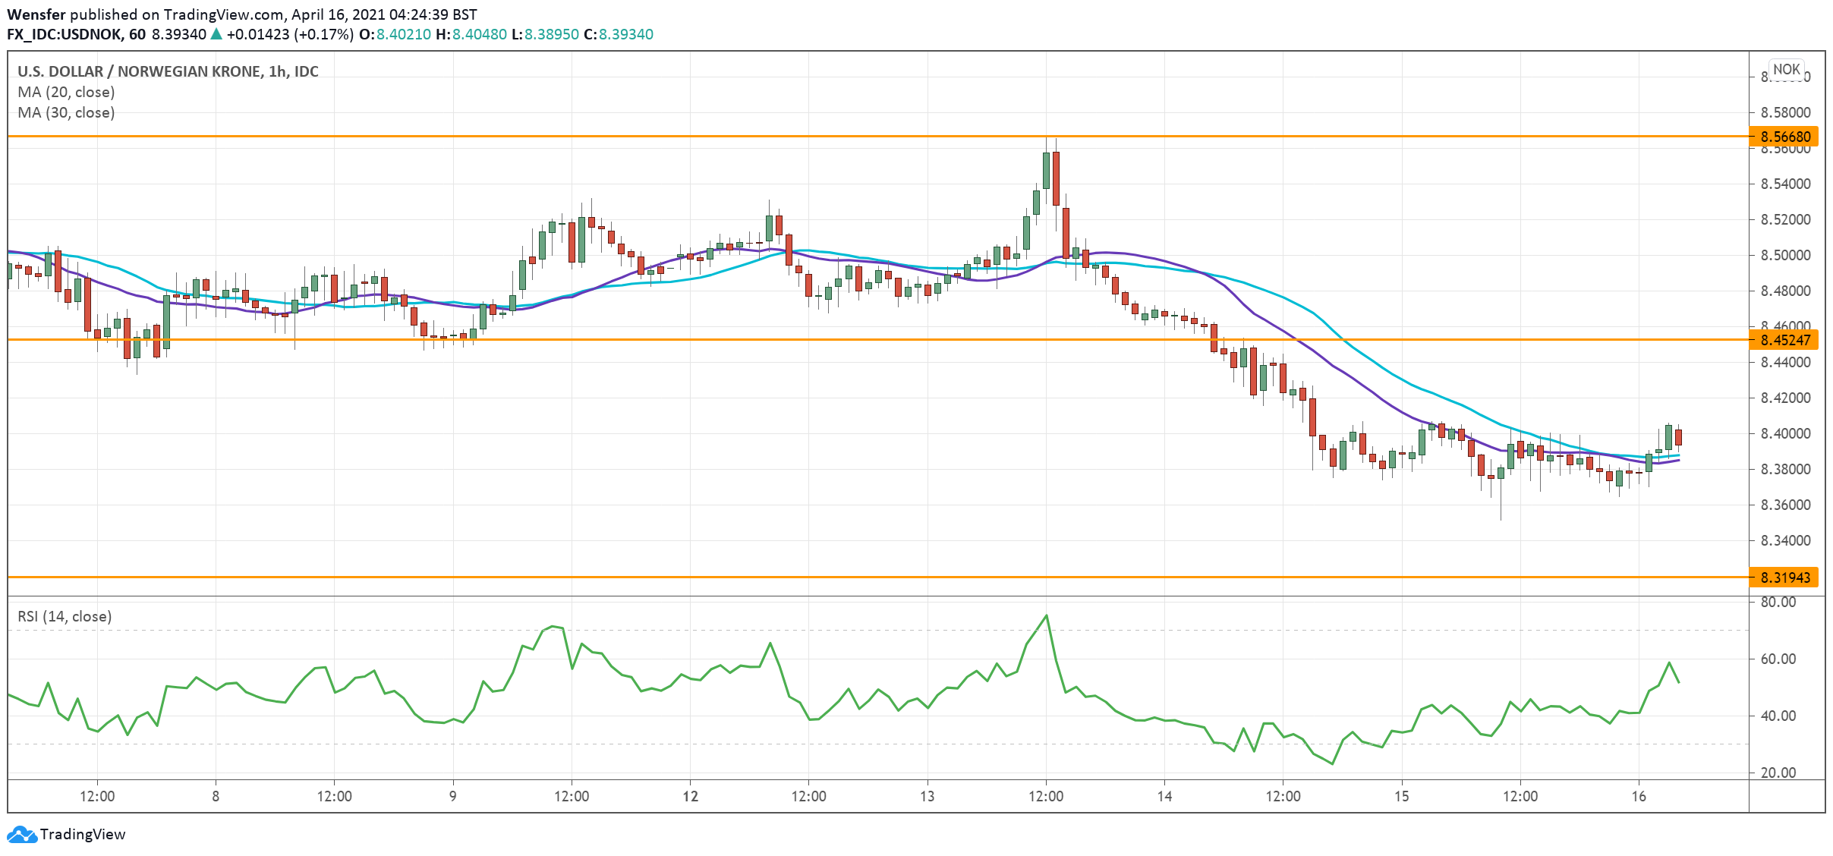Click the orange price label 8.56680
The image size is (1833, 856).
click(1784, 137)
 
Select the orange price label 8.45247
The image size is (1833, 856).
click(1784, 340)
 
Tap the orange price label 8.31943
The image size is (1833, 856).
click(1784, 577)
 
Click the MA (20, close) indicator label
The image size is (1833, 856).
click(66, 92)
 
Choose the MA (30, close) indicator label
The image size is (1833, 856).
click(66, 112)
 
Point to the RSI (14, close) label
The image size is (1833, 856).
click(65, 616)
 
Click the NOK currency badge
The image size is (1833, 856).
click(1786, 69)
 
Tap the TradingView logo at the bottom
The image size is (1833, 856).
click(66, 834)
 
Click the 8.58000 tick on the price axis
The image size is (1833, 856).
click(1785, 112)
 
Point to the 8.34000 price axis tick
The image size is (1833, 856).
click(1785, 540)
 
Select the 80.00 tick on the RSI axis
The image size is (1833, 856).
click(1778, 602)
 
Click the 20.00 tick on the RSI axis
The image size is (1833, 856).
click(1778, 773)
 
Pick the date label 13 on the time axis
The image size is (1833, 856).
click(927, 796)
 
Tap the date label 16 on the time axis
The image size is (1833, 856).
click(1639, 796)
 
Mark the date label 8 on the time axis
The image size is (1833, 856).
click(216, 796)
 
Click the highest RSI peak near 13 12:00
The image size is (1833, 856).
click(1047, 615)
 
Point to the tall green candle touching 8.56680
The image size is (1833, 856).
click(1047, 170)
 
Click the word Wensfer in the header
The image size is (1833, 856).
click(36, 14)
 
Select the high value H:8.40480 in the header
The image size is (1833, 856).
click(471, 34)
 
